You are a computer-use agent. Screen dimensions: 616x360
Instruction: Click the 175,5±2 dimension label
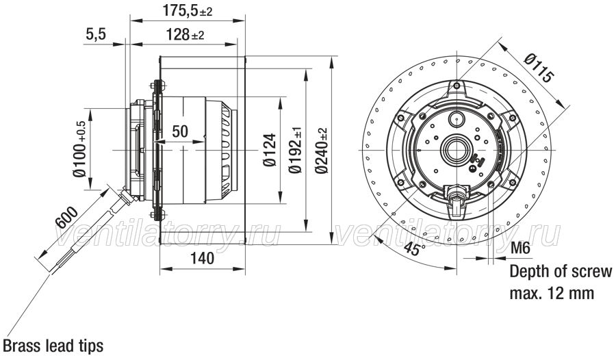click(x=188, y=11)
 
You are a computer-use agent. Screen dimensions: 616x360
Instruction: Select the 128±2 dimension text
click(x=185, y=35)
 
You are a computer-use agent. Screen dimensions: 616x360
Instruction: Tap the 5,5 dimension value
click(x=96, y=34)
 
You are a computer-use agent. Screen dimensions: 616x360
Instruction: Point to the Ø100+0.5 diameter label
click(x=80, y=149)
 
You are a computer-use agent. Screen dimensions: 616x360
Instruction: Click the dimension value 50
click(x=180, y=131)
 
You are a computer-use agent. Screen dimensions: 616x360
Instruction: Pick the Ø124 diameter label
click(x=270, y=150)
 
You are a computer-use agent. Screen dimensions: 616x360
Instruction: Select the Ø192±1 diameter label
click(x=295, y=150)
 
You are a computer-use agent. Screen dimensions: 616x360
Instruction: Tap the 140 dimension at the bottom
click(x=203, y=258)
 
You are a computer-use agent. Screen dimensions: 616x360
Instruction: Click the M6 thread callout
click(x=520, y=248)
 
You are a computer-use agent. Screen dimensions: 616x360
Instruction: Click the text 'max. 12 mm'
click(x=552, y=293)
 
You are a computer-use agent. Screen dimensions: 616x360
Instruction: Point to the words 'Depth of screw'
click(x=561, y=271)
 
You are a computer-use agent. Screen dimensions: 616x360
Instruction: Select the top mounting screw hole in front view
click(x=456, y=86)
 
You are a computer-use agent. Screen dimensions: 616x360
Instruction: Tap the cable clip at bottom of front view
click(x=456, y=201)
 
